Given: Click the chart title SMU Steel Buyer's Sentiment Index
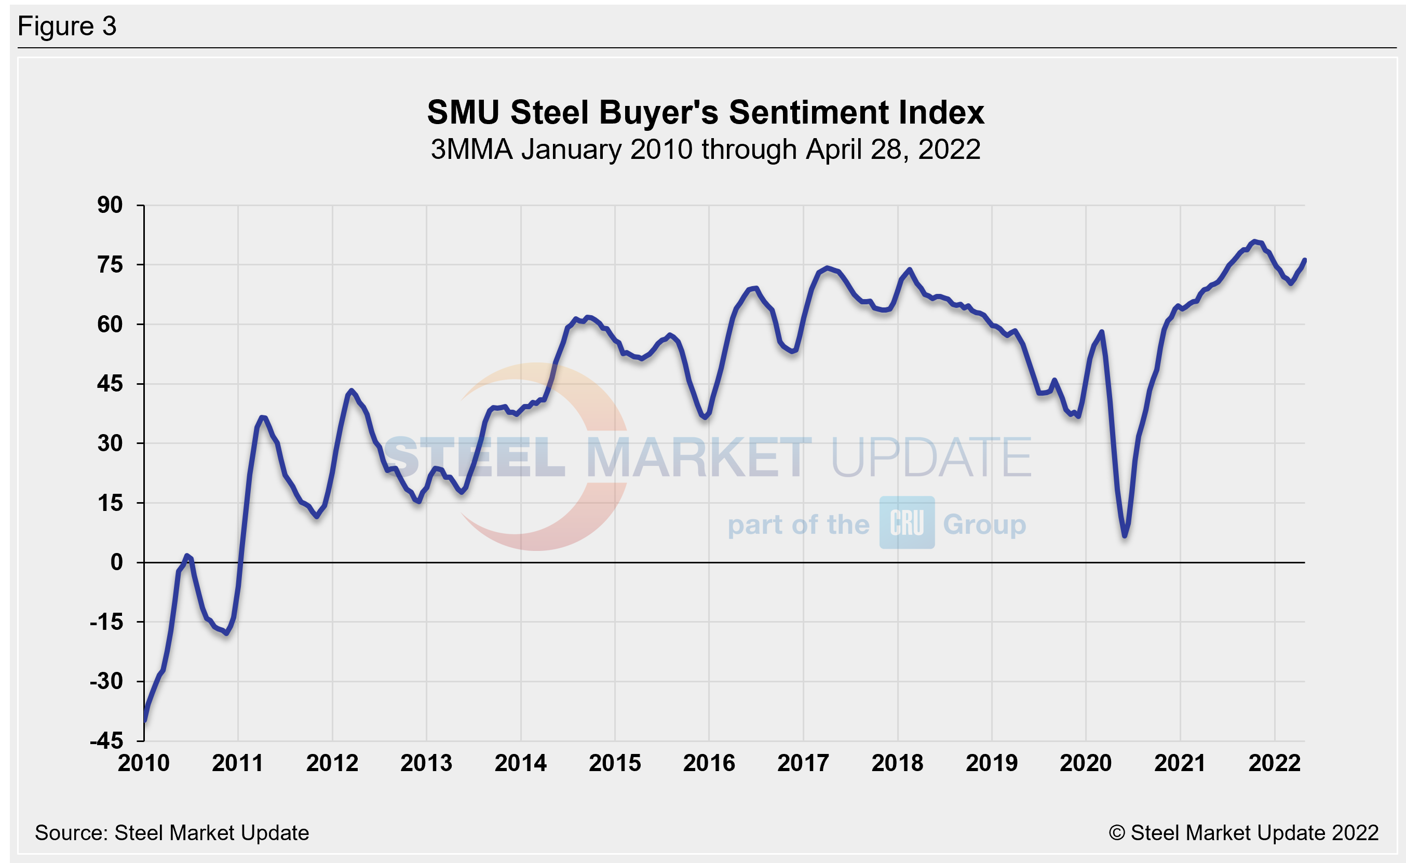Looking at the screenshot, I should [705, 113].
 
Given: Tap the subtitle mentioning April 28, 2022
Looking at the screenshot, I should [705, 150].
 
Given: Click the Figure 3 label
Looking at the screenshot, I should [67, 26].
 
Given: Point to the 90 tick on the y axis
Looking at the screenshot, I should [110, 205].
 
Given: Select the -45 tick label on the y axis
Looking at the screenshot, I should [107, 741].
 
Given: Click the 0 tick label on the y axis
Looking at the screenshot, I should [116, 562].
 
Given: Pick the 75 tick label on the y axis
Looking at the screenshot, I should [110, 265].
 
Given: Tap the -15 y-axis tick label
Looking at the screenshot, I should [107, 622].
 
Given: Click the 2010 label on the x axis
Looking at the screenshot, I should [144, 763].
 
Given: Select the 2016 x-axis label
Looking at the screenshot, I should [709, 763].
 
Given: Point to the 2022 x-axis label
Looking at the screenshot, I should [1274, 763].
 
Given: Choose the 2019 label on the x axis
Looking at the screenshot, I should [992, 763].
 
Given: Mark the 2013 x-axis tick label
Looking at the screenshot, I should [426, 763].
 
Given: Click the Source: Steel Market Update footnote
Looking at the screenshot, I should [172, 833].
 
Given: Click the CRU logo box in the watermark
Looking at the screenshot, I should [907, 522].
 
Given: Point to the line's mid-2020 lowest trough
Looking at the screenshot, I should [1125, 535].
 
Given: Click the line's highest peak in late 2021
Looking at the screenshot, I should [1254, 242].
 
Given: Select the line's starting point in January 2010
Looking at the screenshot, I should [145, 720].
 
